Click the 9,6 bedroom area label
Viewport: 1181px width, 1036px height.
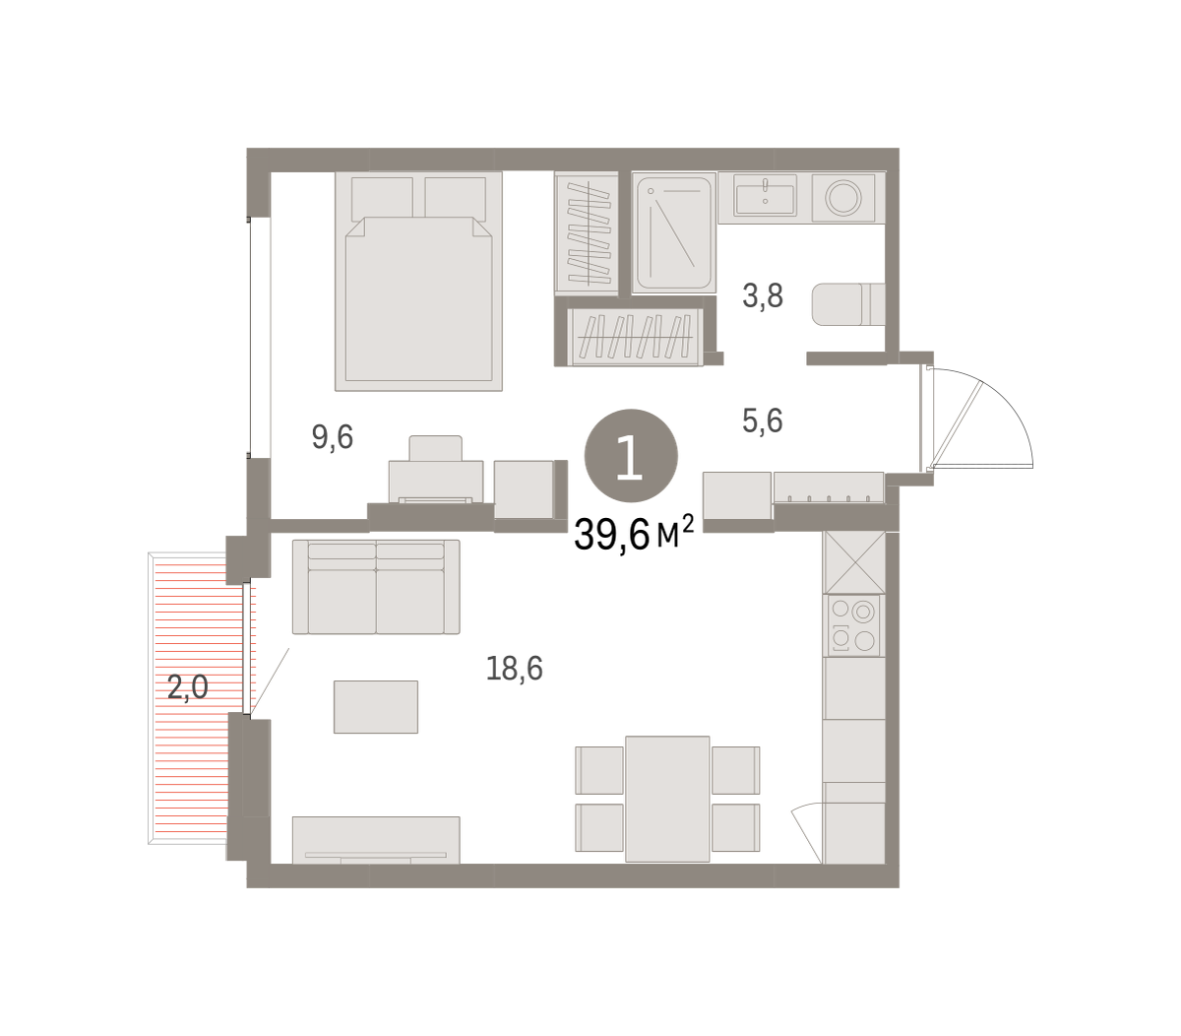333,437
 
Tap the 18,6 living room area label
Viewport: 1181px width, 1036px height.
514,668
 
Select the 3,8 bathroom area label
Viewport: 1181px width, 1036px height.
763,295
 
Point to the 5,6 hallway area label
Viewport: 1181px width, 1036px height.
763,420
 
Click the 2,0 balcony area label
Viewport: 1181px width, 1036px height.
188,686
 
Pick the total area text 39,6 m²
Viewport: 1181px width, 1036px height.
634,534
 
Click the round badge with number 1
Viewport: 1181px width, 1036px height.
631,456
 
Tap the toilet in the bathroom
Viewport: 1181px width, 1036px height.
848,304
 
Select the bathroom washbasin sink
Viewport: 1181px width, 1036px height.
766,195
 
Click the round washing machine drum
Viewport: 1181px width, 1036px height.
842,197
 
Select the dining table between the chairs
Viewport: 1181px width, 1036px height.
667,799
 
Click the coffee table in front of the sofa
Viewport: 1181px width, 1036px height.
375,707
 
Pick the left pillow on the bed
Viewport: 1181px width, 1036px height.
382,199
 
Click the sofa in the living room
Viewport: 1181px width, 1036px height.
376,587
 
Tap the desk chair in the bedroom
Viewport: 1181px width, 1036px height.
435,448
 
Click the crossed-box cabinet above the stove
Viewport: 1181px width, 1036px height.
854,563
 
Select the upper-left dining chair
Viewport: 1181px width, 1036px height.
599,770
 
